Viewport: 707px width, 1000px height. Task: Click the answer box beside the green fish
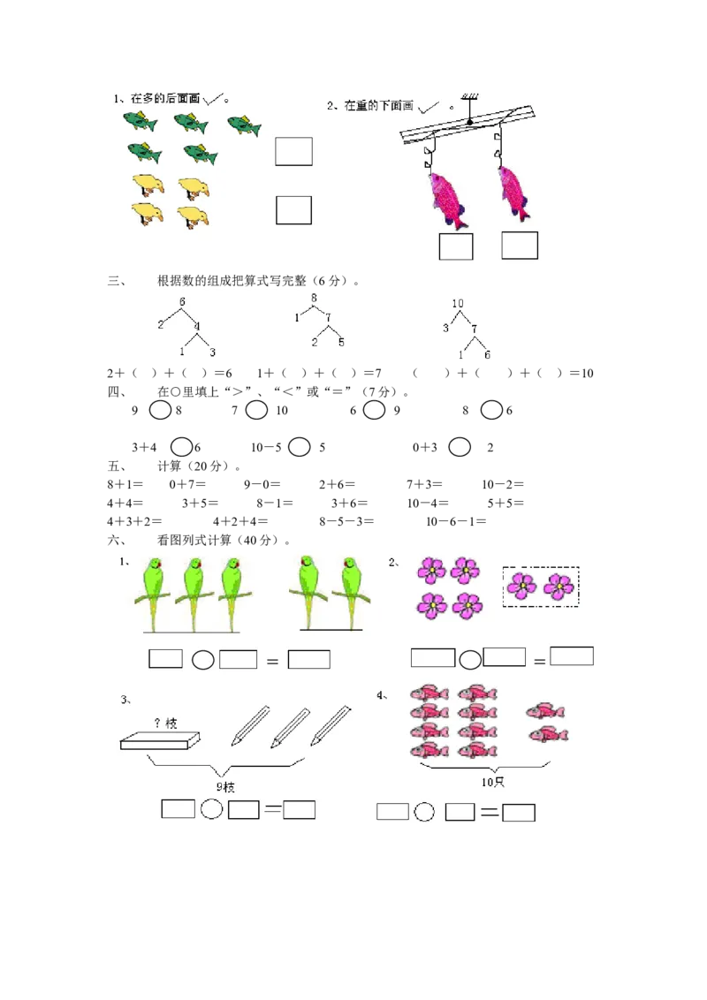click(293, 151)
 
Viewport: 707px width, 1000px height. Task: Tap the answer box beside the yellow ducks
click(293, 210)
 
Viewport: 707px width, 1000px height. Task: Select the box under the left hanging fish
click(456, 246)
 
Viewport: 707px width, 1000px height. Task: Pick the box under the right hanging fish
click(520, 246)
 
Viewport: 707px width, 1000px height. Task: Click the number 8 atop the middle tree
click(314, 299)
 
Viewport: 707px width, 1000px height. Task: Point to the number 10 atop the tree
click(458, 304)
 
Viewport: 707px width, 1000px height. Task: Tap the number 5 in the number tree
click(341, 342)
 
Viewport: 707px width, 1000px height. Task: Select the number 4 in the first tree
click(197, 326)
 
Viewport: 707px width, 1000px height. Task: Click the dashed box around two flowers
click(540, 586)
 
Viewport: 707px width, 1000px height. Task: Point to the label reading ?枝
click(165, 723)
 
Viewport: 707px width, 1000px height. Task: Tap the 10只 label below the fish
click(491, 783)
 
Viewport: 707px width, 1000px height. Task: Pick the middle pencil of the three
click(290, 727)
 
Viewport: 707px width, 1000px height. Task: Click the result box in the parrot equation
click(309, 659)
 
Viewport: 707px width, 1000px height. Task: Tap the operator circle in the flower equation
click(469, 659)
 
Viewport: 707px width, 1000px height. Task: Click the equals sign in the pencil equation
click(272, 808)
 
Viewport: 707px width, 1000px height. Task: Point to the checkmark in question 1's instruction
click(212, 101)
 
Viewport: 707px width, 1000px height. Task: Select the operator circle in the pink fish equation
click(425, 812)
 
